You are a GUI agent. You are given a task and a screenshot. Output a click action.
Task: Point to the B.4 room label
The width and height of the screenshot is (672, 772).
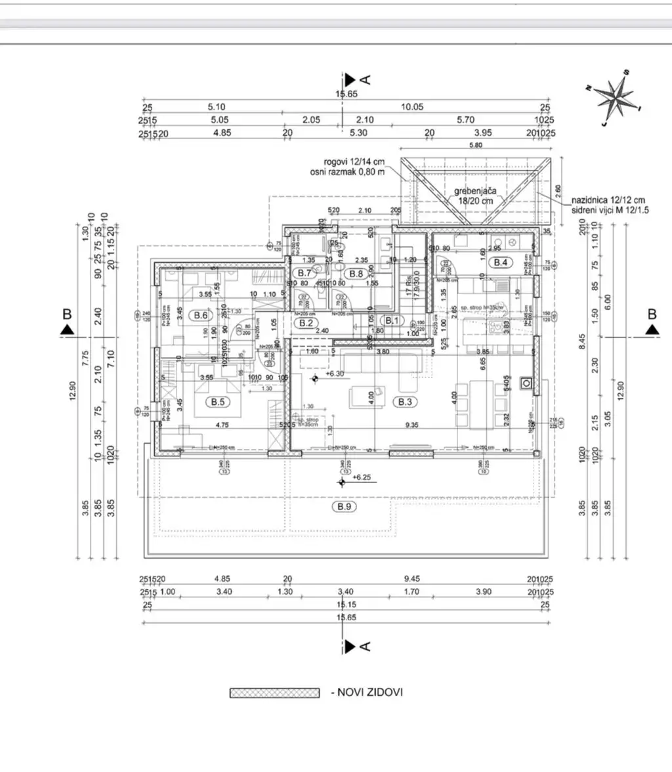coord(501,262)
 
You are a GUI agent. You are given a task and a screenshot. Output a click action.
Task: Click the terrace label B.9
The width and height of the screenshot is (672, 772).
coord(343,507)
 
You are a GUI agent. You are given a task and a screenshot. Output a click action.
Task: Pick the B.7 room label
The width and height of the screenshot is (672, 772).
coord(304,272)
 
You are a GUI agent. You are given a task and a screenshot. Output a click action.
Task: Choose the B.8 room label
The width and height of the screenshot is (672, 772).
coord(356,272)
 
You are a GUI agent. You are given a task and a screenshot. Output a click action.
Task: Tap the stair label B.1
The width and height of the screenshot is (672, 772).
coord(392,320)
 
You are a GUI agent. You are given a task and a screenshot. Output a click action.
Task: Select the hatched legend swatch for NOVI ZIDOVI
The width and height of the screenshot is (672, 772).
coord(274,693)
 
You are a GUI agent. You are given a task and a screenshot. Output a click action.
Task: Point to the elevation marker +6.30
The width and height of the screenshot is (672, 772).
coord(335,374)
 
